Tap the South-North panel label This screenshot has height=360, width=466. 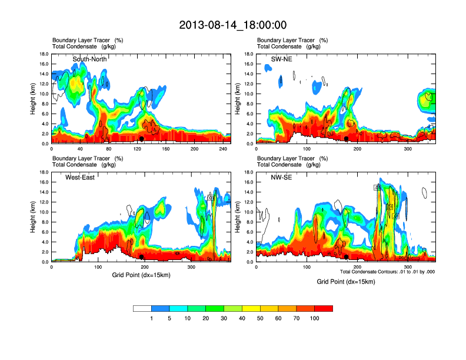[89, 59]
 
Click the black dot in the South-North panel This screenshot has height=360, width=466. [142, 139]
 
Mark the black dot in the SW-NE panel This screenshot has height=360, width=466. [347, 139]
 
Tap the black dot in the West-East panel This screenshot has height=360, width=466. [142, 257]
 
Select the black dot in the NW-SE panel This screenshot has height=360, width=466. [347, 257]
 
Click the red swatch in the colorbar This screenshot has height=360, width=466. [324, 308]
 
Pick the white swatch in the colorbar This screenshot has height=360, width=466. [142, 308]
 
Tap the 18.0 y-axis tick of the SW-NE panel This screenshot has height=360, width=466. [248, 54]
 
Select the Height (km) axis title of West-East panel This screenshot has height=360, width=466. [33, 217]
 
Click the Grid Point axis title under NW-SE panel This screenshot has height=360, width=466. [345, 282]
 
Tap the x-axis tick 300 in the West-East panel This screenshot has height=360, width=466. [191, 268]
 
